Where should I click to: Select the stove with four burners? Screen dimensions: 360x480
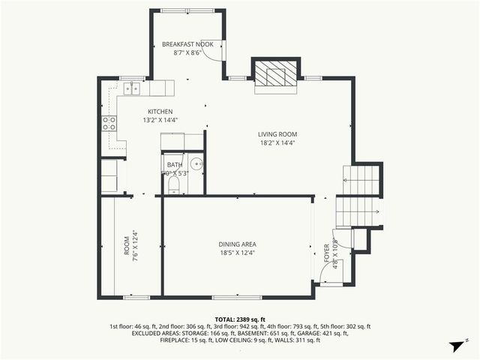pyautogui.click(x=109, y=123)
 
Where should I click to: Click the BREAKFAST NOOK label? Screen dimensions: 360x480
pyautogui.click(x=187, y=45)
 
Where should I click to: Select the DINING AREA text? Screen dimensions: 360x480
pyautogui.click(x=238, y=244)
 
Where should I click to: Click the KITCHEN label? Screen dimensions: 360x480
pyautogui.click(x=160, y=111)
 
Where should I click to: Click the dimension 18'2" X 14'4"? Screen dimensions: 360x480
pyautogui.click(x=278, y=142)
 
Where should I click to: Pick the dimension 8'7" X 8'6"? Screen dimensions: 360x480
pyautogui.click(x=187, y=53)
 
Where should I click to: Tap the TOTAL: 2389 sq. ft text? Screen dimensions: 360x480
pyautogui.click(x=239, y=319)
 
